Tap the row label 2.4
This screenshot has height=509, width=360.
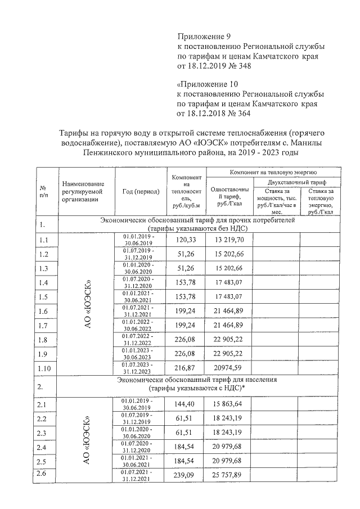coord(43,447)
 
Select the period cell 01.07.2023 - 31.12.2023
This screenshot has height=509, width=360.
coord(138,368)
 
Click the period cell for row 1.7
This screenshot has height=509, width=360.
coord(138,326)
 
